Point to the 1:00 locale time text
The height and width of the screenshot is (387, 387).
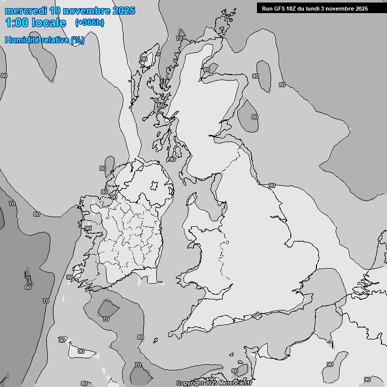point(35,23)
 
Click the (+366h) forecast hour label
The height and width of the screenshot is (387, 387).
point(90,23)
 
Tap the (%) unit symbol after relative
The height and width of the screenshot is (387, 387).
point(78,40)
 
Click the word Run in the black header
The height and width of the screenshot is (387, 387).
point(267,9)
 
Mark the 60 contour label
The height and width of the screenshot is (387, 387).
point(28,288)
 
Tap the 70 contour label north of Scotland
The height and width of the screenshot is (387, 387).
point(179,38)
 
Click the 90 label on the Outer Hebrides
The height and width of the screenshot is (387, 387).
point(144,59)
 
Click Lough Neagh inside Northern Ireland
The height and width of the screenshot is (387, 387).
point(153,187)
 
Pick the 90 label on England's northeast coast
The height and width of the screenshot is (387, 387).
point(272,185)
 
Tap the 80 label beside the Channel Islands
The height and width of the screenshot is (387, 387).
point(234,371)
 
